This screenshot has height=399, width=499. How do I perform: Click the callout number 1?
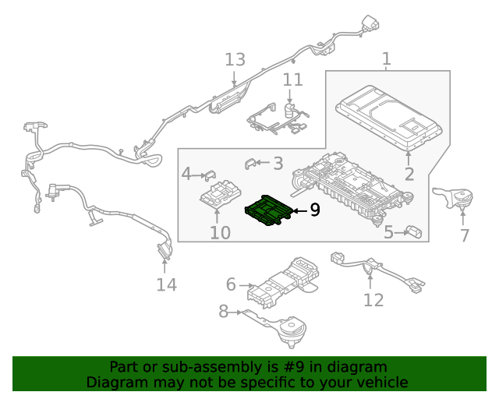[x=386, y=59]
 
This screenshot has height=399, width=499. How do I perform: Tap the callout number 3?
[x=278, y=163]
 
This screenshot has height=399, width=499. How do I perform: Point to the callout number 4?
[x=186, y=173]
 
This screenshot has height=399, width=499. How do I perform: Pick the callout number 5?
[x=388, y=231]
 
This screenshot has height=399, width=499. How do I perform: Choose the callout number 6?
[x=231, y=284]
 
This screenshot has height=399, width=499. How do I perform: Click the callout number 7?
[x=464, y=235]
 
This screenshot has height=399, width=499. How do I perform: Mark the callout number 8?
[x=224, y=312]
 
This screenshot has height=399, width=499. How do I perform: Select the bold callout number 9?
[x=314, y=210]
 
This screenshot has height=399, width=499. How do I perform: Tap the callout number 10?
[x=220, y=232]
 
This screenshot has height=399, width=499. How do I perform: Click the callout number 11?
[x=292, y=79]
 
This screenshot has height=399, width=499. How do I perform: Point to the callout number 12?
[x=373, y=299]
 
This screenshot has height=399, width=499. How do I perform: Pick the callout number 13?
[x=235, y=59]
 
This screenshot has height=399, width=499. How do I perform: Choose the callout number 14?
[x=166, y=284]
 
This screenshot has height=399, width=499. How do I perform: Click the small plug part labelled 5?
[x=414, y=231]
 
